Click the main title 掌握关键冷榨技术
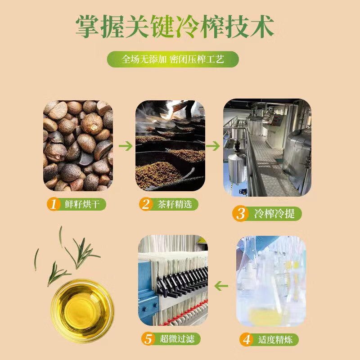click(x=175, y=27)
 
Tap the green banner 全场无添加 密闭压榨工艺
click(x=173, y=59)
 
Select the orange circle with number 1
click(x=54, y=204)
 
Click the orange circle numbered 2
click(x=145, y=204)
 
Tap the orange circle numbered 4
click(x=246, y=340)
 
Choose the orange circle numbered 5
click(x=148, y=339)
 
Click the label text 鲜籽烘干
click(x=82, y=204)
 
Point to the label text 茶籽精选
click(x=175, y=204)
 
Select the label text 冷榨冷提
click(x=274, y=213)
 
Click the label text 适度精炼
click(x=275, y=340)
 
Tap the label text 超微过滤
click(x=177, y=339)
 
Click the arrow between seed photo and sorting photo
click(x=126, y=146)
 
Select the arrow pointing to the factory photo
click(x=213, y=146)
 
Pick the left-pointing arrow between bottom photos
click(x=221, y=286)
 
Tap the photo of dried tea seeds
click(x=78, y=146)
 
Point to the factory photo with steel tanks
click(x=267, y=148)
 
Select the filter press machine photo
click(x=173, y=280)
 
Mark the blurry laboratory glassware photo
click(x=271, y=281)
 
